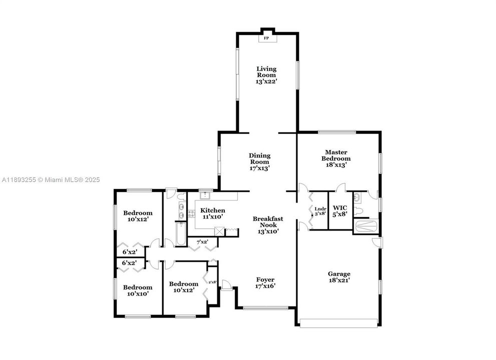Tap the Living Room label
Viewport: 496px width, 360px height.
point(266,75)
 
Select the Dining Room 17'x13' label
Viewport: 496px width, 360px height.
point(259,162)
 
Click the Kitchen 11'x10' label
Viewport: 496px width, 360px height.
point(213,213)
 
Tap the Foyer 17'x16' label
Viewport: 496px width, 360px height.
point(265,282)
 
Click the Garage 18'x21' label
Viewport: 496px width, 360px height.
point(339,277)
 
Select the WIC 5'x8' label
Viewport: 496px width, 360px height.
point(340,211)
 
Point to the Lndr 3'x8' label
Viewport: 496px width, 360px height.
point(320,211)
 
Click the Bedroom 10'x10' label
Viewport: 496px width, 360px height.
point(138,290)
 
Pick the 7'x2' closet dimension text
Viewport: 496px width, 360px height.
point(202,242)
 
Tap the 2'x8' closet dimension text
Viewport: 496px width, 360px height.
point(213,282)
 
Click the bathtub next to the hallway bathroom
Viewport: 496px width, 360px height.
point(181,234)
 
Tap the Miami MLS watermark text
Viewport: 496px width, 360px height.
point(51,180)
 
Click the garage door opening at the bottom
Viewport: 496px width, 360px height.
point(338,323)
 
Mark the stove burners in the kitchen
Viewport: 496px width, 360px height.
point(191,213)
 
